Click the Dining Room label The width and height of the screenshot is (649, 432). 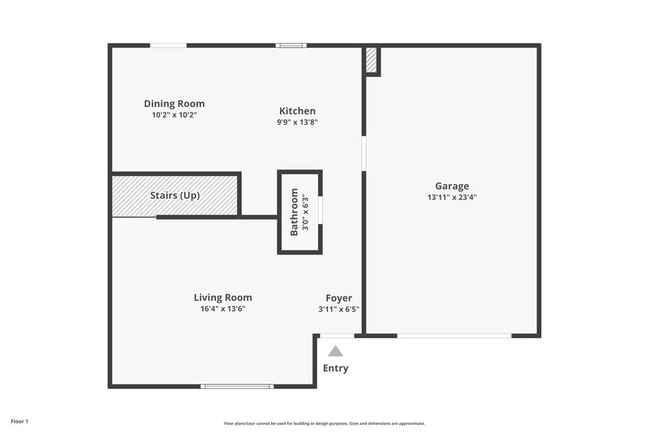(x=174, y=104)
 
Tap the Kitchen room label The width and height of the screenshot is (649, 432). (x=297, y=111)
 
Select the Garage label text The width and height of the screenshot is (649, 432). (x=452, y=186)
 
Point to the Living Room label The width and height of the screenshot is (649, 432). (x=222, y=297)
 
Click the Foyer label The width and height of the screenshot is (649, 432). (x=338, y=297)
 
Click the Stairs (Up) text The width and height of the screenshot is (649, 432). (x=174, y=195)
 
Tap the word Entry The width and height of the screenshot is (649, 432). (x=336, y=368)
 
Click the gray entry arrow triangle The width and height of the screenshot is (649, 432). (x=336, y=351)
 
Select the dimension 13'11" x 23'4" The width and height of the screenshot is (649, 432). (x=452, y=197)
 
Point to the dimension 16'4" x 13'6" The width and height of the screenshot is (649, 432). (x=222, y=309)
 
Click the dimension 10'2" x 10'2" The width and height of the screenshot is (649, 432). (x=174, y=115)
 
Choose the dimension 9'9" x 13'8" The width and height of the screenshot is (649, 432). (x=297, y=122)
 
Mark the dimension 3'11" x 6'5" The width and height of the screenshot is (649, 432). (x=338, y=309)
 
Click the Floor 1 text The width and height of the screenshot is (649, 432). (x=19, y=421)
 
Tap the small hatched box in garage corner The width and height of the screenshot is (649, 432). (x=372, y=61)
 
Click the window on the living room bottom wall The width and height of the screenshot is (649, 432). (x=237, y=386)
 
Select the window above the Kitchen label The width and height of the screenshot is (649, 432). (x=290, y=45)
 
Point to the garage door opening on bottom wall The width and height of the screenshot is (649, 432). (x=453, y=335)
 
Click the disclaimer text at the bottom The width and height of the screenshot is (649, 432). (x=324, y=423)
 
